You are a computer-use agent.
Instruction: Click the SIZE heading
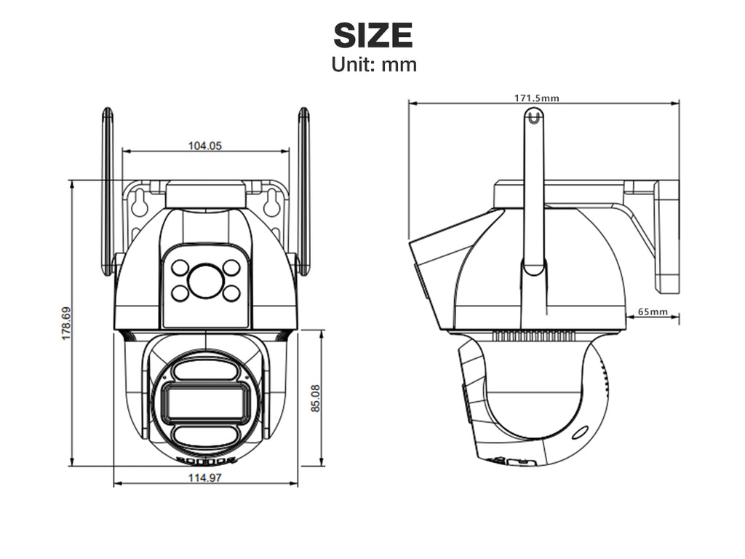pos(373,35)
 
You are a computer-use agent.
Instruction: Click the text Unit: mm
pos(374,65)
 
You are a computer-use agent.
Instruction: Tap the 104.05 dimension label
pos(205,146)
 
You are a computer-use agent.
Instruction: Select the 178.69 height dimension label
pos(66,323)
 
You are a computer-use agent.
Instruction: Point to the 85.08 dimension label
pos(316,398)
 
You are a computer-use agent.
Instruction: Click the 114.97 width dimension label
pos(205,477)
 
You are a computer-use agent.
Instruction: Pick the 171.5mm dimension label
pos(537,98)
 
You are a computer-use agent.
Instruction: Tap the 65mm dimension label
pos(653,312)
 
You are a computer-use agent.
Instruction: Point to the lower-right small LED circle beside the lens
pos(231,293)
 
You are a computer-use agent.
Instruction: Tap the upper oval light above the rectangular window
pos(206,370)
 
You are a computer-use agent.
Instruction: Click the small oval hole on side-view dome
pos(579,433)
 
